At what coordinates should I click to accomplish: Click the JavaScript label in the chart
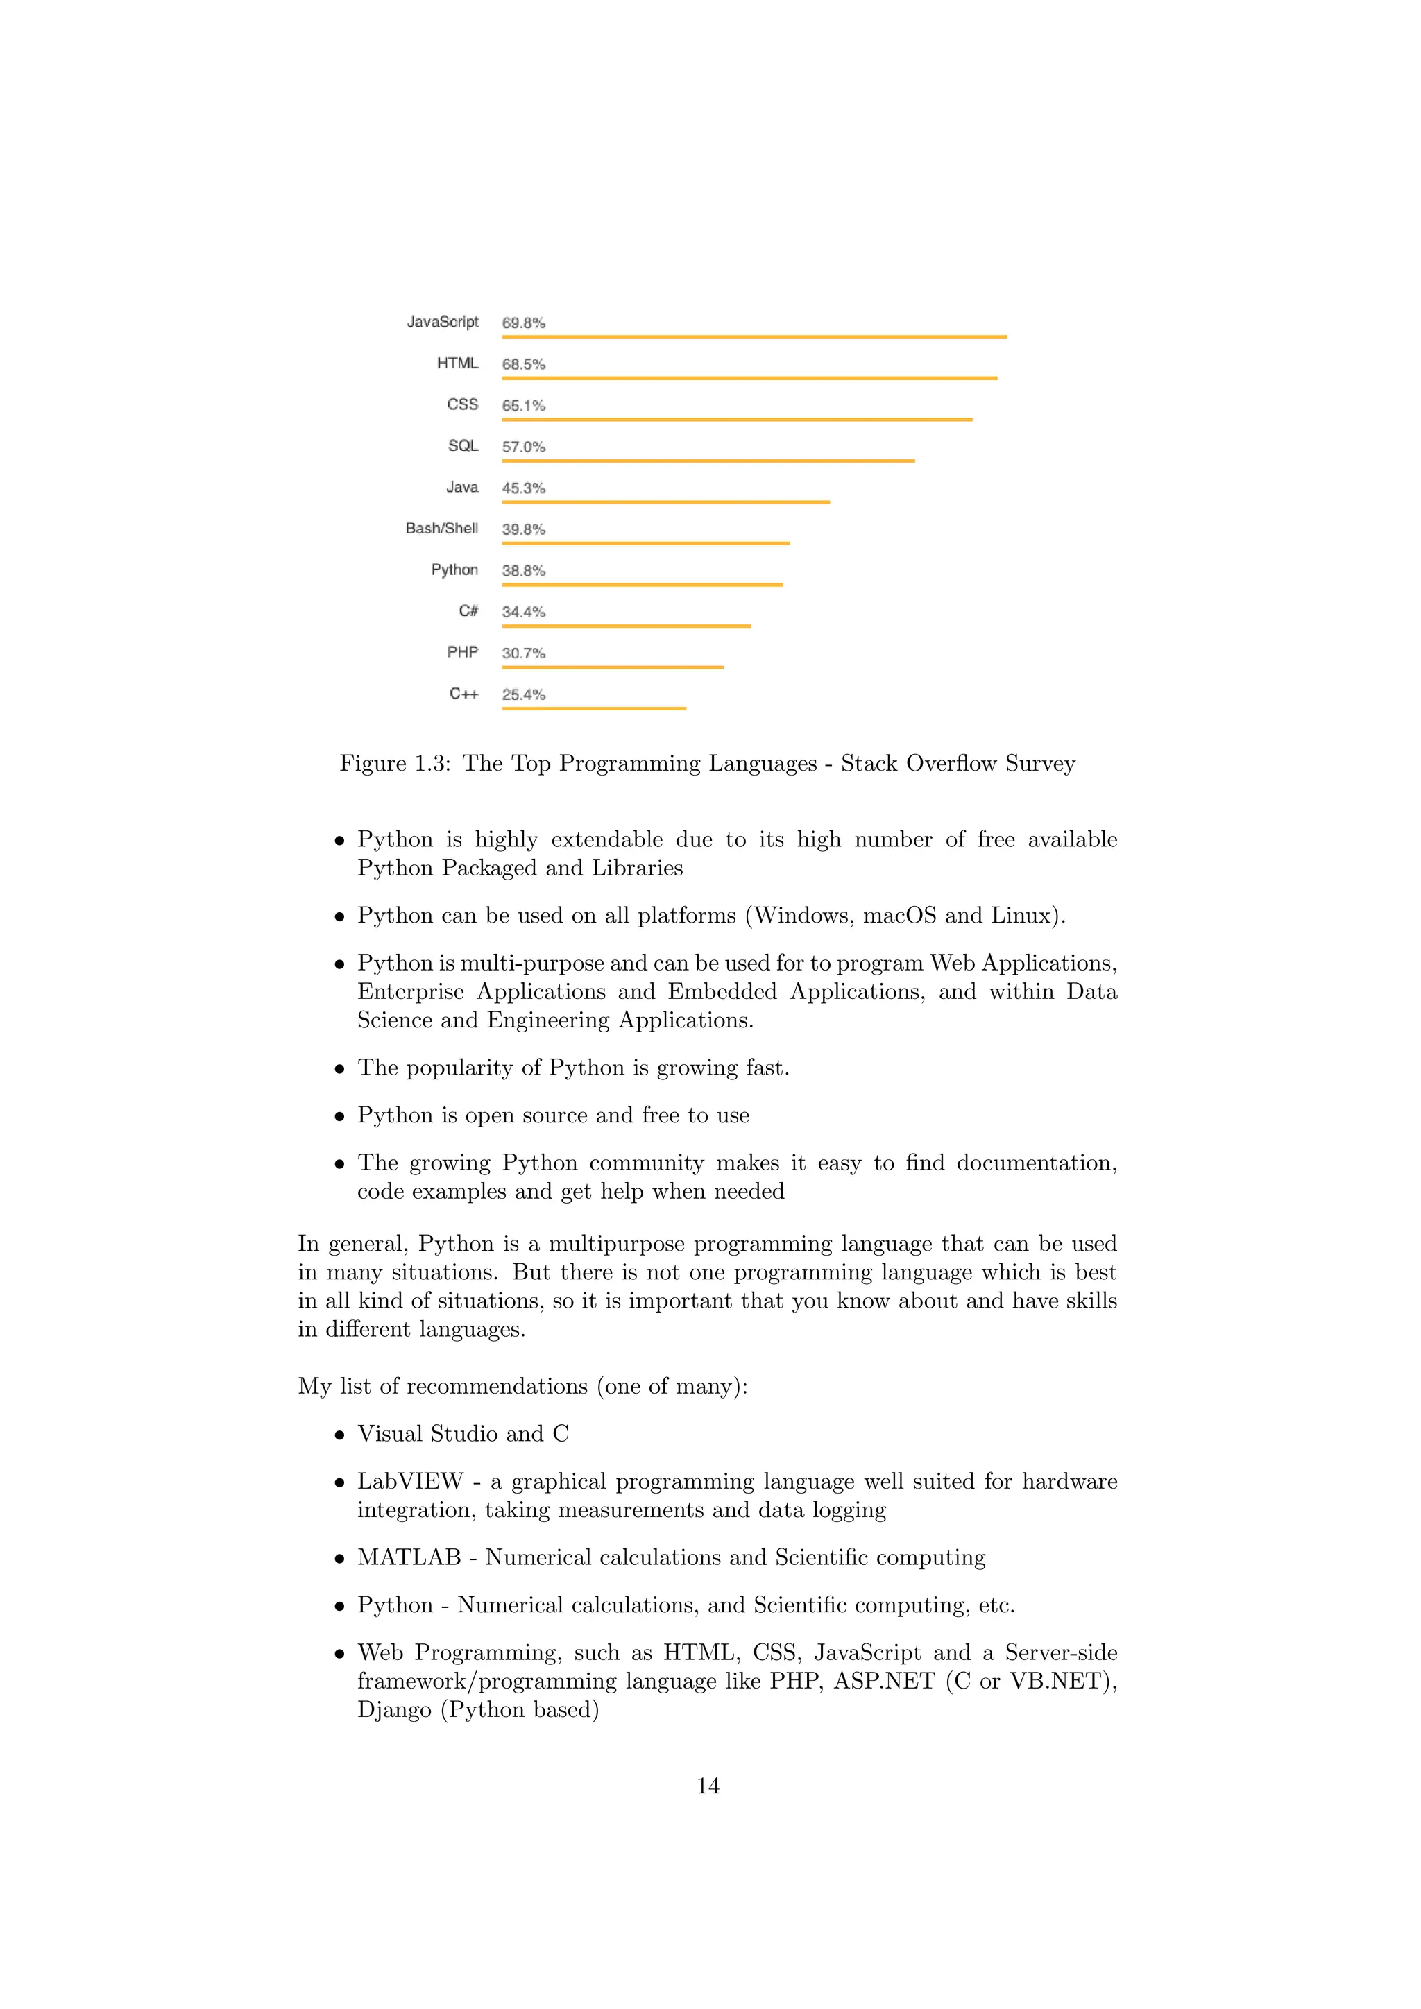[x=442, y=322]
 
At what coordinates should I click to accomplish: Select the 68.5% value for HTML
[x=523, y=364]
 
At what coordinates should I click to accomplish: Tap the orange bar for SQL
[x=708, y=460]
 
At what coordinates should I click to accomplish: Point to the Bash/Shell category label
[x=441, y=529]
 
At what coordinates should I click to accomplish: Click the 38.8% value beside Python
[x=523, y=570]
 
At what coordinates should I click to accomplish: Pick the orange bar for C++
[x=594, y=708]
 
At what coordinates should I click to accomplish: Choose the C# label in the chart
[x=468, y=610]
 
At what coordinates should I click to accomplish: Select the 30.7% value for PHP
[x=523, y=653]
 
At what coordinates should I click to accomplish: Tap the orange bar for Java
[x=665, y=502]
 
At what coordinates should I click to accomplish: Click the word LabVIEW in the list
[x=409, y=1481]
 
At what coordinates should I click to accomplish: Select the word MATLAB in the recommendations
[x=409, y=1557]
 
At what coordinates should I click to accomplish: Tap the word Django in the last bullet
[x=393, y=1710]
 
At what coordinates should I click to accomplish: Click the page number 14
[x=708, y=1786]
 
